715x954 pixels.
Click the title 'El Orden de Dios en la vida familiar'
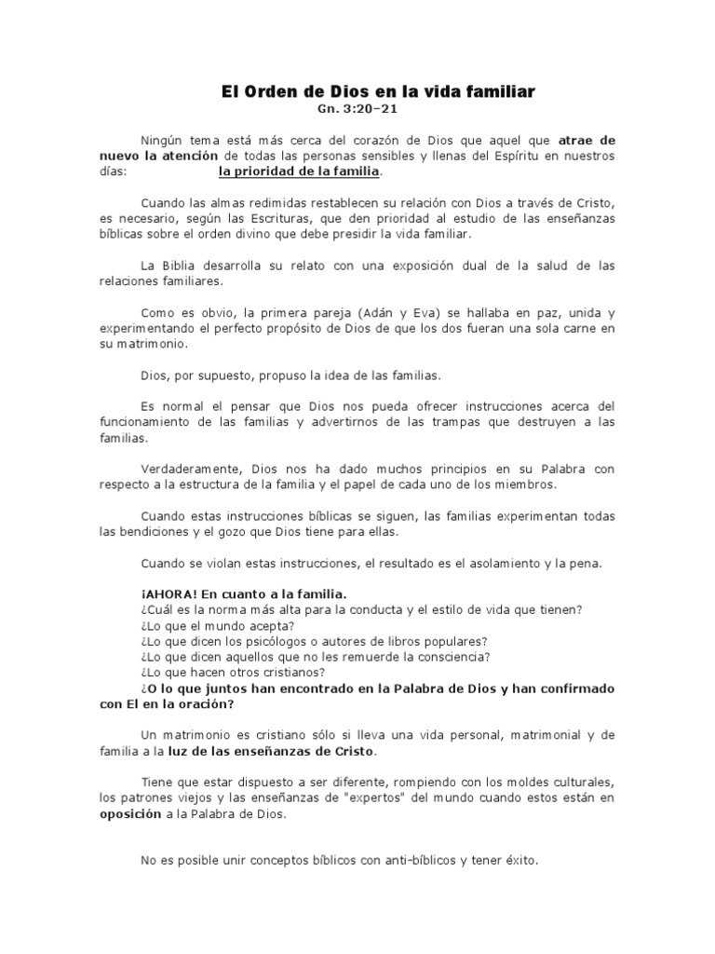pos(378,92)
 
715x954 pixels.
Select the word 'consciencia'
pos(452,657)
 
